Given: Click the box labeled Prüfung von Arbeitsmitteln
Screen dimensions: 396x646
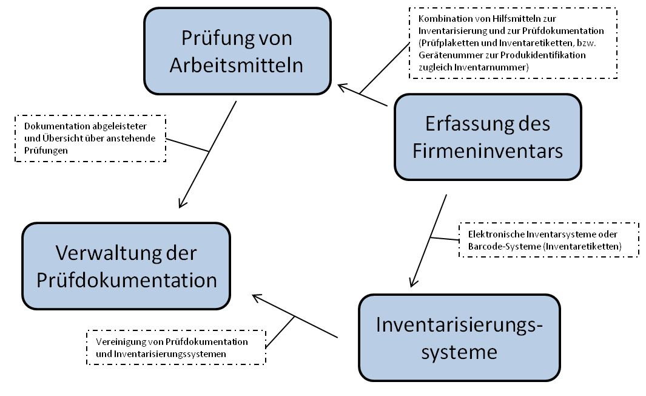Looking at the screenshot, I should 237,52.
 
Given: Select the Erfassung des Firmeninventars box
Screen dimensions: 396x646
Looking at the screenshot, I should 488,137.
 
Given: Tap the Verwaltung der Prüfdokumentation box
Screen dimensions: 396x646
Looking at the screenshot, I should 127,266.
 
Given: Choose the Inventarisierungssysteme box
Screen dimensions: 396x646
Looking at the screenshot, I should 459,338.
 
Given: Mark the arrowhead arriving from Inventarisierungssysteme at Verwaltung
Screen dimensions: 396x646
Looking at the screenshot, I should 257,298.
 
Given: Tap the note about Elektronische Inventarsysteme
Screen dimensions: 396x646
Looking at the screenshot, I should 549,239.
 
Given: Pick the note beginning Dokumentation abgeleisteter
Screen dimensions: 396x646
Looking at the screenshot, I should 90,138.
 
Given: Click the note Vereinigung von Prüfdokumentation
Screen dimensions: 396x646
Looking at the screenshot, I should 177,347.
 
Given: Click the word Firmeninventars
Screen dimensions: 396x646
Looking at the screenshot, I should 488,151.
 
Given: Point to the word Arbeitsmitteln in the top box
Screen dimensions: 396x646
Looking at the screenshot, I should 237,65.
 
